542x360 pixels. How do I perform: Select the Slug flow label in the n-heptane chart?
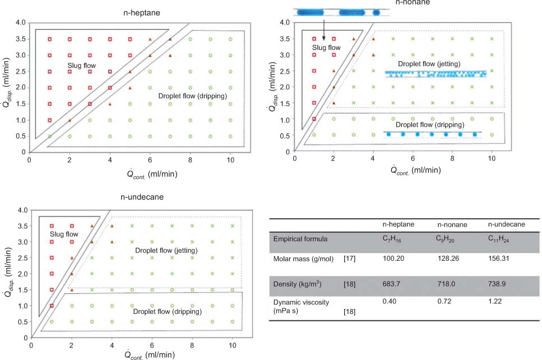point(82,66)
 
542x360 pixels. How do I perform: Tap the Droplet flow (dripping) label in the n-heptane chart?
point(192,96)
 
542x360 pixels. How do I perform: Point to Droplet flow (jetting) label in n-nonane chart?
point(429,64)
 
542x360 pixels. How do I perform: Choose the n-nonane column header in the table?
point(452,224)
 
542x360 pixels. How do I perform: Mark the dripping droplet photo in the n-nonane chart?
point(432,135)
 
